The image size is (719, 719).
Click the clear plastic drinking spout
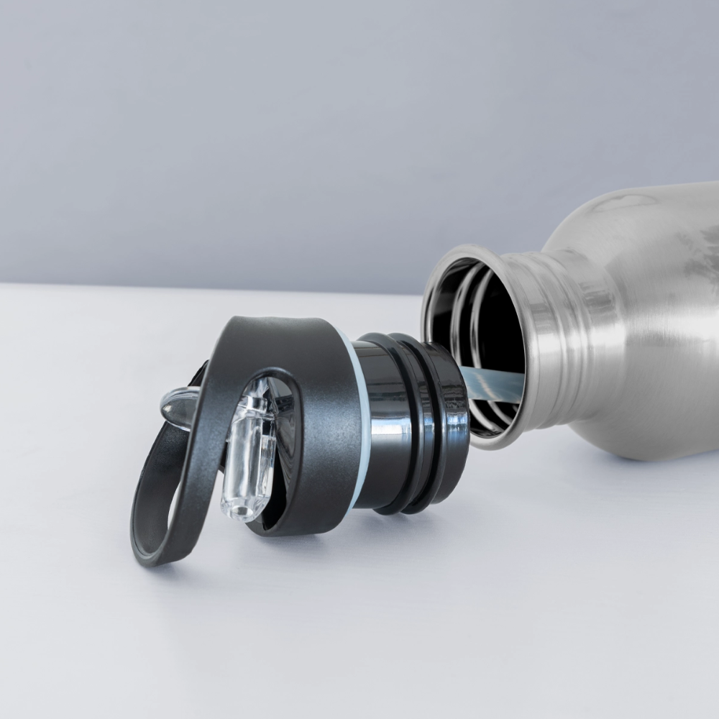tap(249, 453)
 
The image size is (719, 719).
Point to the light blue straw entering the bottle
tap(493, 384)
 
